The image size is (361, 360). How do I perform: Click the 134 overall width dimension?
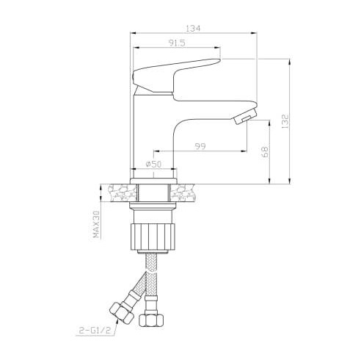point(193,29)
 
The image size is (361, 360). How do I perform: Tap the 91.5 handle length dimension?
point(177,43)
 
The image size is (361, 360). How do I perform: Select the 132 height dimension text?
point(285,121)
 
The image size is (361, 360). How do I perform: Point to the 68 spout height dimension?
point(265,152)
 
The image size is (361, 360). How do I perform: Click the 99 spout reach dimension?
point(200,146)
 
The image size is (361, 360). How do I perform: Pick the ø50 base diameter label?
point(153,164)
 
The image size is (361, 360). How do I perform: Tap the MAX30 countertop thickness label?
point(96,224)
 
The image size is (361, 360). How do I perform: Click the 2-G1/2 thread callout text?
point(95,331)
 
